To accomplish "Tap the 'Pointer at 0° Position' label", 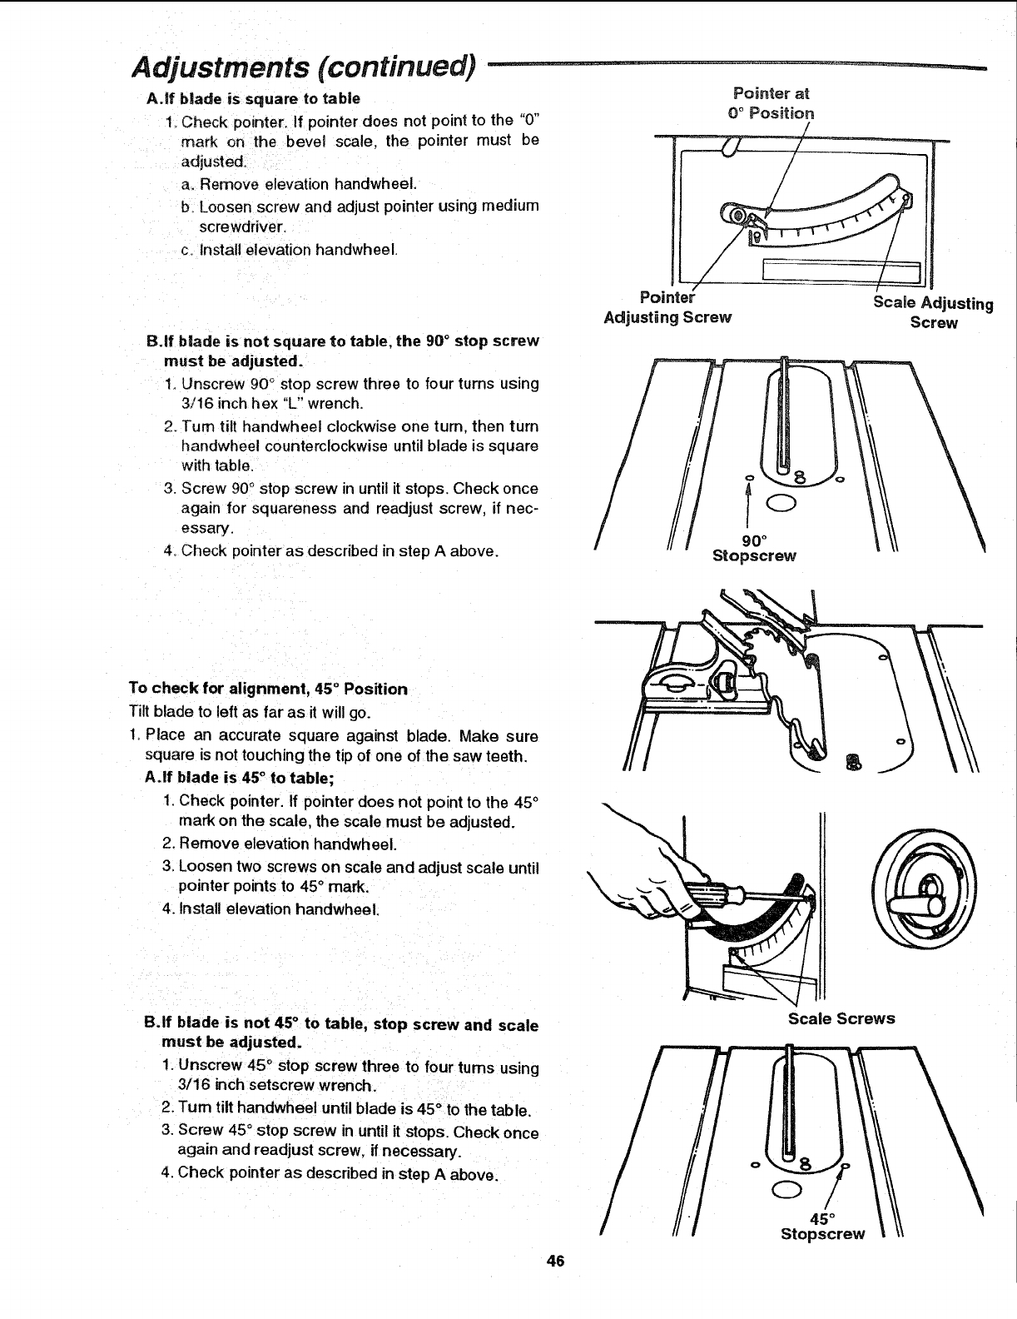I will coord(771,103).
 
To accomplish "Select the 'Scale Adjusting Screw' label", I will coord(933,312).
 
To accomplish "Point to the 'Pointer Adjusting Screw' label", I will coord(667,307).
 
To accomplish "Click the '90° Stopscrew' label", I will coord(753,547).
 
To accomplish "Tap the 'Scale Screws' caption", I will coord(841,1018).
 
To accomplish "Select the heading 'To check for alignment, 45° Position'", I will coord(268,689).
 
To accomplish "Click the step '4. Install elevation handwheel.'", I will coord(271,908).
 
